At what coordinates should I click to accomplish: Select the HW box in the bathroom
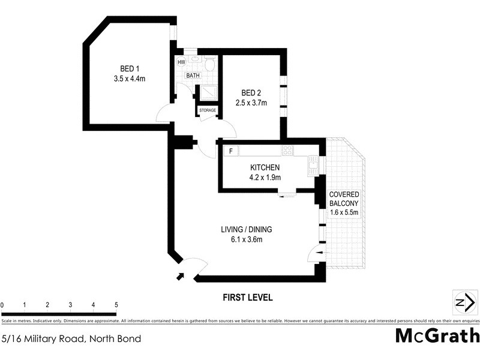(x=181, y=62)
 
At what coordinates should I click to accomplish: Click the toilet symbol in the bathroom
(x=209, y=64)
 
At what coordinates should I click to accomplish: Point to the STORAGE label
(x=208, y=110)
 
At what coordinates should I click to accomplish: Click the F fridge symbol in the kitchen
(x=231, y=151)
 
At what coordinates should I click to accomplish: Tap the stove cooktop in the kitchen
(x=287, y=151)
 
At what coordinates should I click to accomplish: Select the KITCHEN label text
(x=265, y=167)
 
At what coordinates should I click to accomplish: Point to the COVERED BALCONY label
(x=344, y=199)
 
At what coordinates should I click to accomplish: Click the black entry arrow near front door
(x=181, y=276)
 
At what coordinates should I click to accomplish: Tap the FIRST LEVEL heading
(x=248, y=297)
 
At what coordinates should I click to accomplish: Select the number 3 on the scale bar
(x=70, y=305)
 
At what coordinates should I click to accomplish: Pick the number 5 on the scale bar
(x=116, y=305)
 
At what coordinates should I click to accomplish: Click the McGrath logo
(x=437, y=336)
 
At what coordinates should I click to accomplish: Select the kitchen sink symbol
(x=313, y=163)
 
